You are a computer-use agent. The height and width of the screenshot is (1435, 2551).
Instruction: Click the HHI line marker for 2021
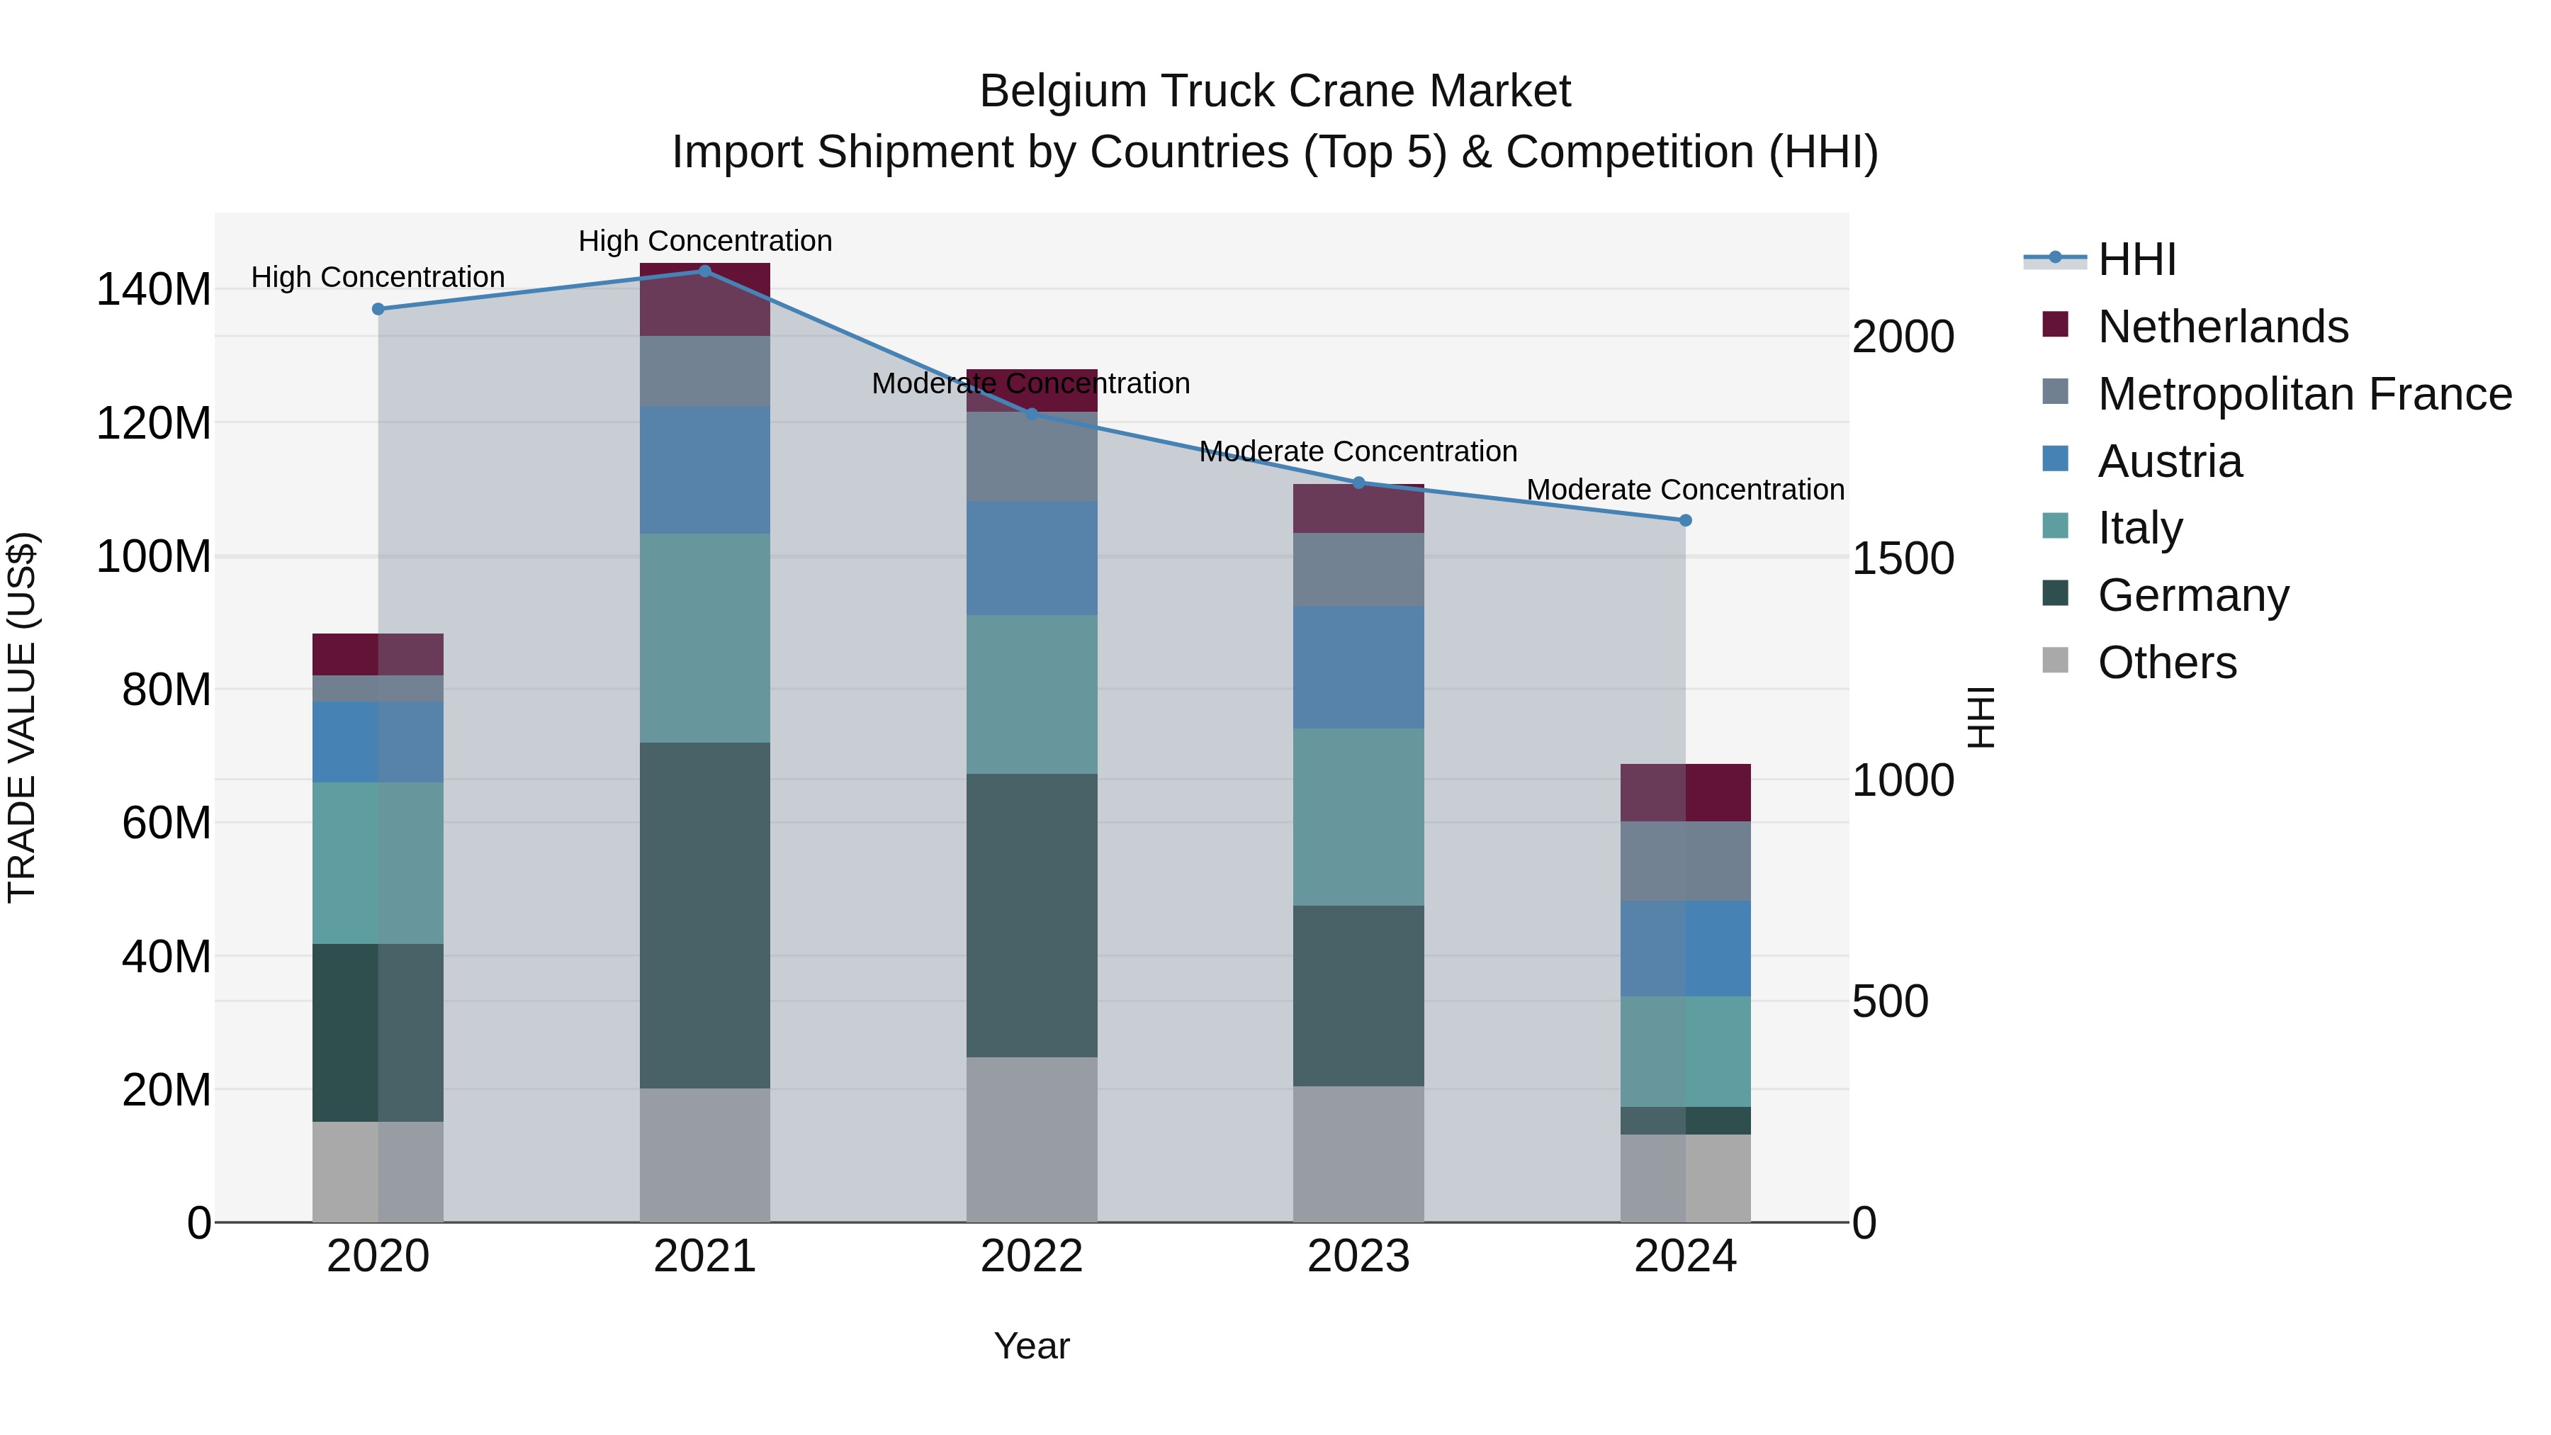(x=704, y=271)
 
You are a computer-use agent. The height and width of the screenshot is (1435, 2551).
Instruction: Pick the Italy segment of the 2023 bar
(x=1358, y=817)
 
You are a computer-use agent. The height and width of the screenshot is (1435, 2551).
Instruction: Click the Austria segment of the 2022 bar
(x=1031, y=558)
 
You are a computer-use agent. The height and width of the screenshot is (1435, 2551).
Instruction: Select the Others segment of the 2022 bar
(x=1031, y=1139)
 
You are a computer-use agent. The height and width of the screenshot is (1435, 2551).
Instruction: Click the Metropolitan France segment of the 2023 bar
(x=1358, y=570)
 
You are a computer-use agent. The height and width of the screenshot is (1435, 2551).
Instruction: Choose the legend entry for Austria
(x=2169, y=461)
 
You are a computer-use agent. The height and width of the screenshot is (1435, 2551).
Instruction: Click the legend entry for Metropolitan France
(x=2304, y=394)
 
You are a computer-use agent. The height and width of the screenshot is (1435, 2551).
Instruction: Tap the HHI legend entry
(x=2135, y=259)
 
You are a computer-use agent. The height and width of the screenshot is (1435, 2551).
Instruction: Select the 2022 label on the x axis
(x=1031, y=1256)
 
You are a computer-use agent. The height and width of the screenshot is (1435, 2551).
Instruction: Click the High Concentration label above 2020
(x=377, y=277)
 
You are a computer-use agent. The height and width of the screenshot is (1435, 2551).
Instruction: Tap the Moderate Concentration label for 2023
(x=1358, y=451)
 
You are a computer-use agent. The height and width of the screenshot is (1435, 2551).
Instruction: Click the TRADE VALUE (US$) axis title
(x=22, y=717)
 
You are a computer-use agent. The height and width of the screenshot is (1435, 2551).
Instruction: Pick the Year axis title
(x=1031, y=1346)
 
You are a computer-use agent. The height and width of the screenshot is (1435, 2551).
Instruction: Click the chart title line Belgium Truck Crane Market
(x=1275, y=91)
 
